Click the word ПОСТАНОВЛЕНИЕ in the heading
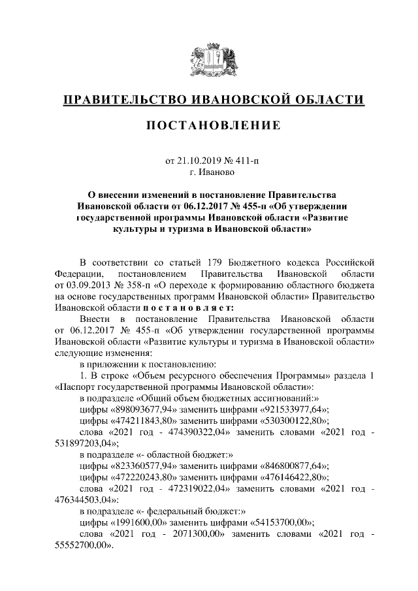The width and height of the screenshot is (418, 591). click(x=209, y=125)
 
